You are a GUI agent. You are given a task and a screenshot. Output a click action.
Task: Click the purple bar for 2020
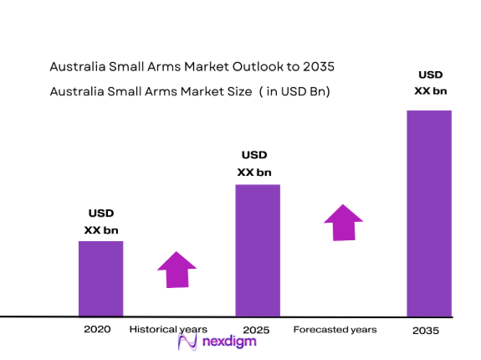click(x=100, y=278)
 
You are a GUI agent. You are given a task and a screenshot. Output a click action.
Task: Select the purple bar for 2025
click(x=257, y=249)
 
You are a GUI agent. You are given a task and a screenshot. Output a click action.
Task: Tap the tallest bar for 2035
click(x=428, y=213)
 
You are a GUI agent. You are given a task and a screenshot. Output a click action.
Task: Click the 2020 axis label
click(x=97, y=330)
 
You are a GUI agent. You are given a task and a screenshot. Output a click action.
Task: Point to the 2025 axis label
click(x=256, y=331)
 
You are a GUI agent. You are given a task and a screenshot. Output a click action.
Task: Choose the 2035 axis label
click(x=426, y=332)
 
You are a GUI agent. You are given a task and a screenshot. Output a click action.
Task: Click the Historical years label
click(x=168, y=330)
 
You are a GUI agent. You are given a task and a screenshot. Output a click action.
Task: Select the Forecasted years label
click(x=335, y=330)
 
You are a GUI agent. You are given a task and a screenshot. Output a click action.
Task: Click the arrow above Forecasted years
click(x=343, y=222)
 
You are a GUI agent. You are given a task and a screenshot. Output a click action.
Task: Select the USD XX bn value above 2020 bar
click(x=101, y=221)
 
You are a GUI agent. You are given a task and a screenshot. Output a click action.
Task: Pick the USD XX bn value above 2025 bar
click(x=254, y=163)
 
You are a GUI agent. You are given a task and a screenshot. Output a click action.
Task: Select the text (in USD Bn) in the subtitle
click(x=294, y=92)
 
